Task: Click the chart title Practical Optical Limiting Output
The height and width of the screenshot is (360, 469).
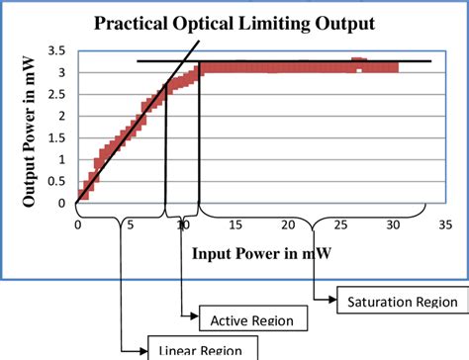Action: click(x=234, y=22)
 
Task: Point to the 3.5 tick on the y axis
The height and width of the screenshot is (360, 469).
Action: click(x=57, y=49)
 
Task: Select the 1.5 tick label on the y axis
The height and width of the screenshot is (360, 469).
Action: click(x=57, y=138)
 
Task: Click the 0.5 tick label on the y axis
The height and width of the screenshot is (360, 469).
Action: click(x=57, y=183)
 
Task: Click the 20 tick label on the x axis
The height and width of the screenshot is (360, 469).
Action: click(x=288, y=225)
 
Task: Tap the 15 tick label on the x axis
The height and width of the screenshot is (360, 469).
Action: click(x=235, y=225)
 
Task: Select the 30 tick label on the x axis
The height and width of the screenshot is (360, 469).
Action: click(x=393, y=225)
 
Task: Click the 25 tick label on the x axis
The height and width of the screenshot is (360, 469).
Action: click(x=340, y=225)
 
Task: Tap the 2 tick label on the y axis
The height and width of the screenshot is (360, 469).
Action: click(x=63, y=117)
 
